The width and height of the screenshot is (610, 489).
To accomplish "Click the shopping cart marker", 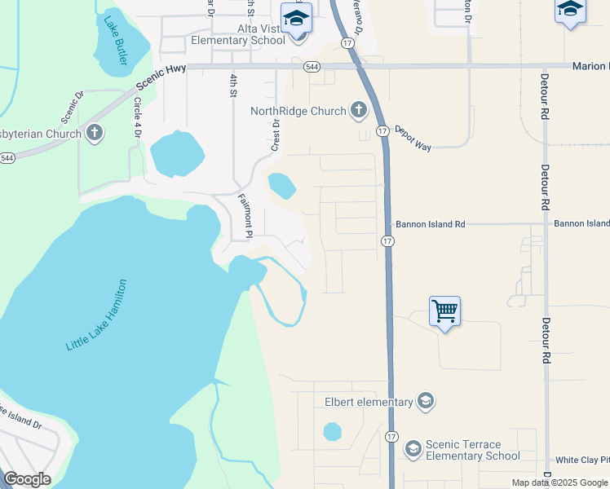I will click(x=444, y=311).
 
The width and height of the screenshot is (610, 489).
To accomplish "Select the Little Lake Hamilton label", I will click(x=96, y=315).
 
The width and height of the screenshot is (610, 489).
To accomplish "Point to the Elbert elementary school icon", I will click(x=424, y=401).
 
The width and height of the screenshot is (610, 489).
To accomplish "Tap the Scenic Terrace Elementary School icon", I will click(x=413, y=449).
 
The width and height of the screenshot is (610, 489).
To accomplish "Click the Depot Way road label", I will click(x=412, y=135).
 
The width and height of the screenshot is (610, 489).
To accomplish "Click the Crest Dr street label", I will click(x=275, y=135).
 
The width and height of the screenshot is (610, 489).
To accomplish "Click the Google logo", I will click(x=27, y=479).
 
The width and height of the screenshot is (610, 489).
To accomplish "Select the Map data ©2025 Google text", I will click(x=559, y=482).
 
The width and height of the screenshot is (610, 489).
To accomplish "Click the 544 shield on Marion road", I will click(x=312, y=67).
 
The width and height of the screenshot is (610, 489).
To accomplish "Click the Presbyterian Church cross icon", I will click(x=95, y=133).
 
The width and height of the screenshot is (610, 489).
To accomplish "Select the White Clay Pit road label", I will click(x=581, y=460).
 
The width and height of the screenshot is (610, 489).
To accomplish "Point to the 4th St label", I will click(x=233, y=85).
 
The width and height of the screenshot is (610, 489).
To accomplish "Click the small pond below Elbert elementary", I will click(x=332, y=431).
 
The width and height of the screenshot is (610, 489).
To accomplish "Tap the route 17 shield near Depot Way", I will click(x=381, y=130).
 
